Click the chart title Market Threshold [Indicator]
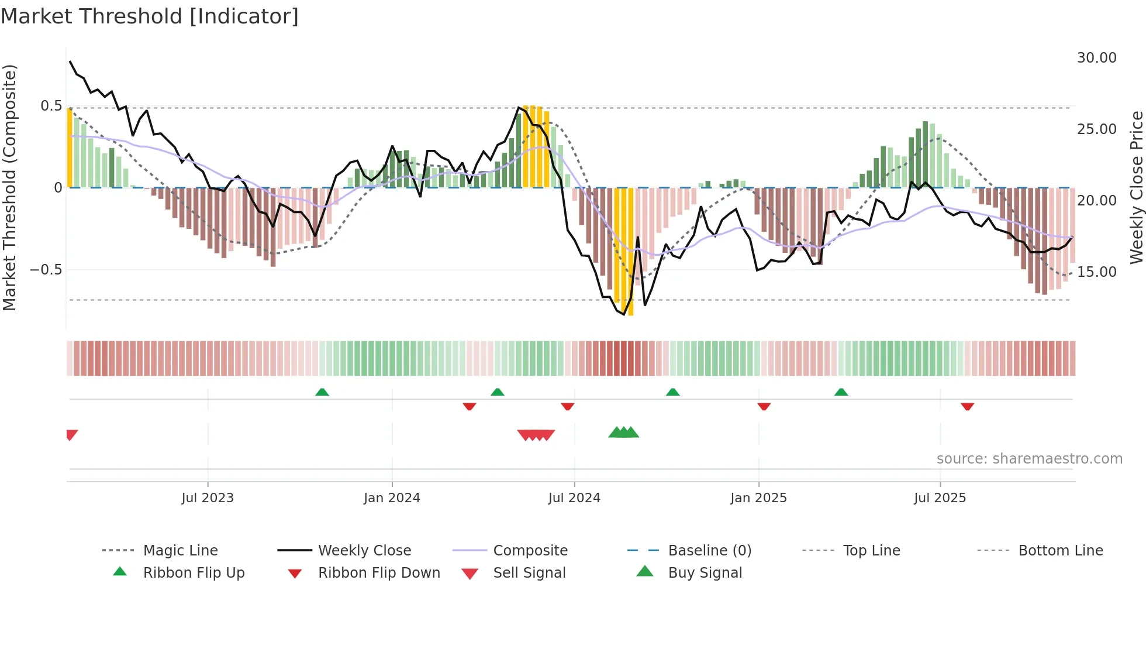[150, 16]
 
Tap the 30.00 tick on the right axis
[1096, 58]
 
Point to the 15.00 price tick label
[1096, 272]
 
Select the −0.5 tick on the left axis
[46, 270]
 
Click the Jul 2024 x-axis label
[574, 498]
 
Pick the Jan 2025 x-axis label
[758, 498]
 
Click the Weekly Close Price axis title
[1136, 187]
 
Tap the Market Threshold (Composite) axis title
[9, 187]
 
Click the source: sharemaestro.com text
[1029, 459]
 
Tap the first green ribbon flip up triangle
[322, 392]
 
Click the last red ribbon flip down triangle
[967, 406]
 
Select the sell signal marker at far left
[71, 434]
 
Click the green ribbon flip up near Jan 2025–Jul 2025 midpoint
[841, 392]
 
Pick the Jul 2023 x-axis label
[208, 498]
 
